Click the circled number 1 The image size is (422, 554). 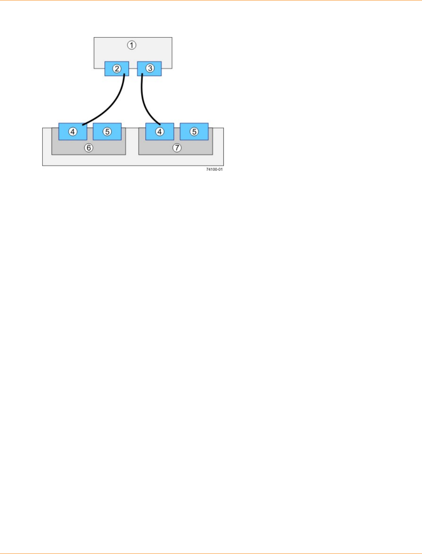(x=132, y=45)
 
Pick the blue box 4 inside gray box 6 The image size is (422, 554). (x=73, y=132)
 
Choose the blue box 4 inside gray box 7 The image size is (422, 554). (x=159, y=132)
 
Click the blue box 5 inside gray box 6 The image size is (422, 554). (x=107, y=132)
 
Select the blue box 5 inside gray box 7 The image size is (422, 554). (x=194, y=132)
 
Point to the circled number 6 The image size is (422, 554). (x=89, y=148)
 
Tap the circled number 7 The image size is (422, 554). (x=177, y=148)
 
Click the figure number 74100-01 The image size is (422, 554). (x=215, y=170)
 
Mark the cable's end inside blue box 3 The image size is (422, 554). (x=142, y=73)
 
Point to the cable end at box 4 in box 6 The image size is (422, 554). (x=83, y=125)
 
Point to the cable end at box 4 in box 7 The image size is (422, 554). (x=160, y=124)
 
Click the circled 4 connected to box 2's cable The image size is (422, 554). (x=73, y=132)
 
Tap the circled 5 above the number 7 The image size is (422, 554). (x=194, y=132)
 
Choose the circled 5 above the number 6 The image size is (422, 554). (x=107, y=132)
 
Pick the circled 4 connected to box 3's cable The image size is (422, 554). (x=159, y=132)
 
